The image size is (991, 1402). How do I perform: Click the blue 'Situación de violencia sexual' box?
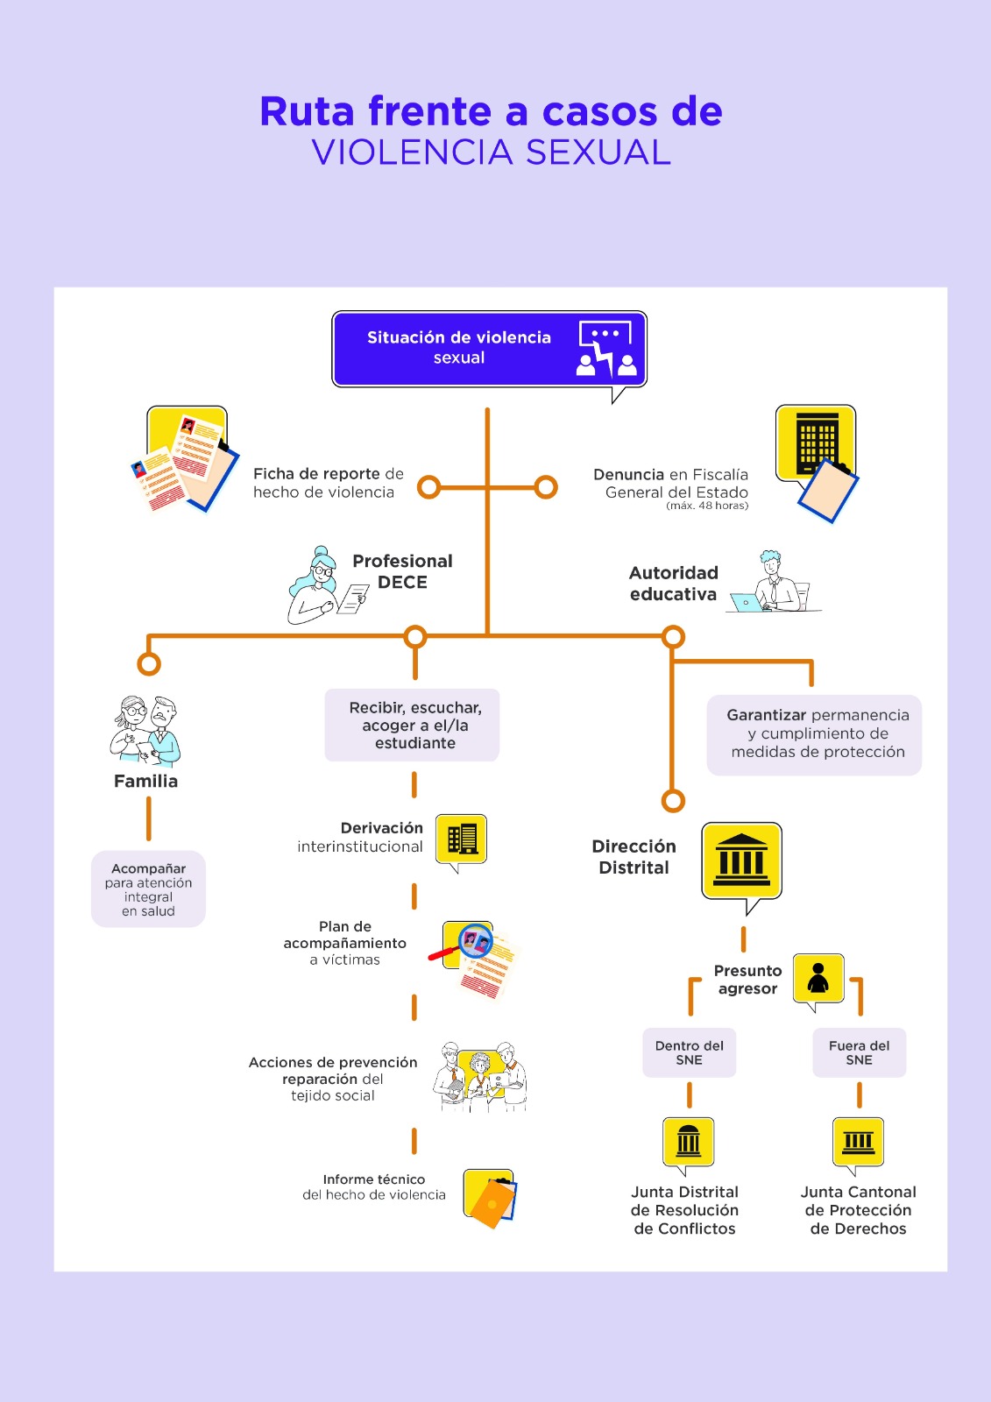tap(489, 349)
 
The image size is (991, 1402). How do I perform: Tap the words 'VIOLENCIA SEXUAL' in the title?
tap(492, 152)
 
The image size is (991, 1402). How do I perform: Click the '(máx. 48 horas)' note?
tap(707, 506)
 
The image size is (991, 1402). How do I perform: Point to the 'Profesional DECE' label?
tap(402, 571)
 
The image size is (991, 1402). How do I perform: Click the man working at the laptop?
tap(774, 582)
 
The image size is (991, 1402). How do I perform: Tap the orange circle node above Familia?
tap(149, 663)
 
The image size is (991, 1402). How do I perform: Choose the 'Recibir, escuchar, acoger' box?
tap(412, 725)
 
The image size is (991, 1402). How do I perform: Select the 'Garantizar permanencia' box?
tap(814, 735)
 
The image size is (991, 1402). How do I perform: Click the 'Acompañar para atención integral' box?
tap(148, 889)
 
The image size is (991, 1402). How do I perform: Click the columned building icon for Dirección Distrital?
tap(742, 863)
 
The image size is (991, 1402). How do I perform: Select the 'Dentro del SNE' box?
tap(690, 1052)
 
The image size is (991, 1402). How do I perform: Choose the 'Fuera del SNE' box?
tap(859, 1052)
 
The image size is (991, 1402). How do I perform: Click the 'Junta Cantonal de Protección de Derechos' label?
tap(859, 1210)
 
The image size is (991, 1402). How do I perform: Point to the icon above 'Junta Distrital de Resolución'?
tap(689, 1144)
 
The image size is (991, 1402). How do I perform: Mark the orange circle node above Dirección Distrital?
tap(673, 801)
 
